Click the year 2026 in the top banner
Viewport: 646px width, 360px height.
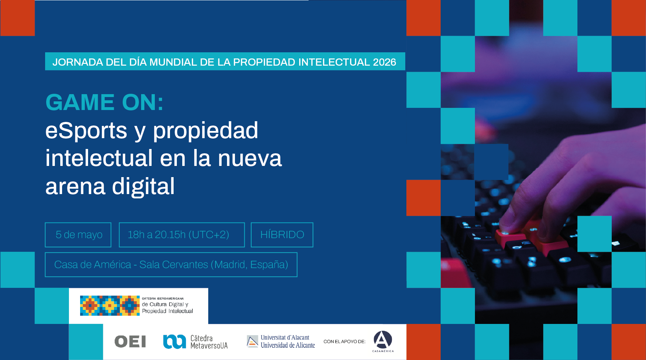[x=384, y=62]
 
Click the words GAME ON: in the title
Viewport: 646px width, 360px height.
[x=105, y=102]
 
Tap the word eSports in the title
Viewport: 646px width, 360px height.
[x=86, y=130]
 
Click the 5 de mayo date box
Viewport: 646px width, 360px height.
[x=78, y=235]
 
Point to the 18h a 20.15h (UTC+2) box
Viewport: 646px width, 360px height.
[x=182, y=235]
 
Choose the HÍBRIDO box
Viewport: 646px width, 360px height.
[x=282, y=235]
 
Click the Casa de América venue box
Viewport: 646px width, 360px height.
[x=171, y=265]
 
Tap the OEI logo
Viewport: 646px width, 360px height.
[x=130, y=341]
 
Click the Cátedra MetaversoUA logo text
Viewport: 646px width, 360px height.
[x=209, y=342]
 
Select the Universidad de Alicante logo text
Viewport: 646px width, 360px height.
[x=288, y=345]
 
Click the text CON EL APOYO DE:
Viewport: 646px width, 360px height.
[x=344, y=342]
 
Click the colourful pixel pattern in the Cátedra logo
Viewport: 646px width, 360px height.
[x=110, y=306]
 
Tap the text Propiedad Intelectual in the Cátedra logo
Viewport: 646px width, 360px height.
[x=167, y=311]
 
